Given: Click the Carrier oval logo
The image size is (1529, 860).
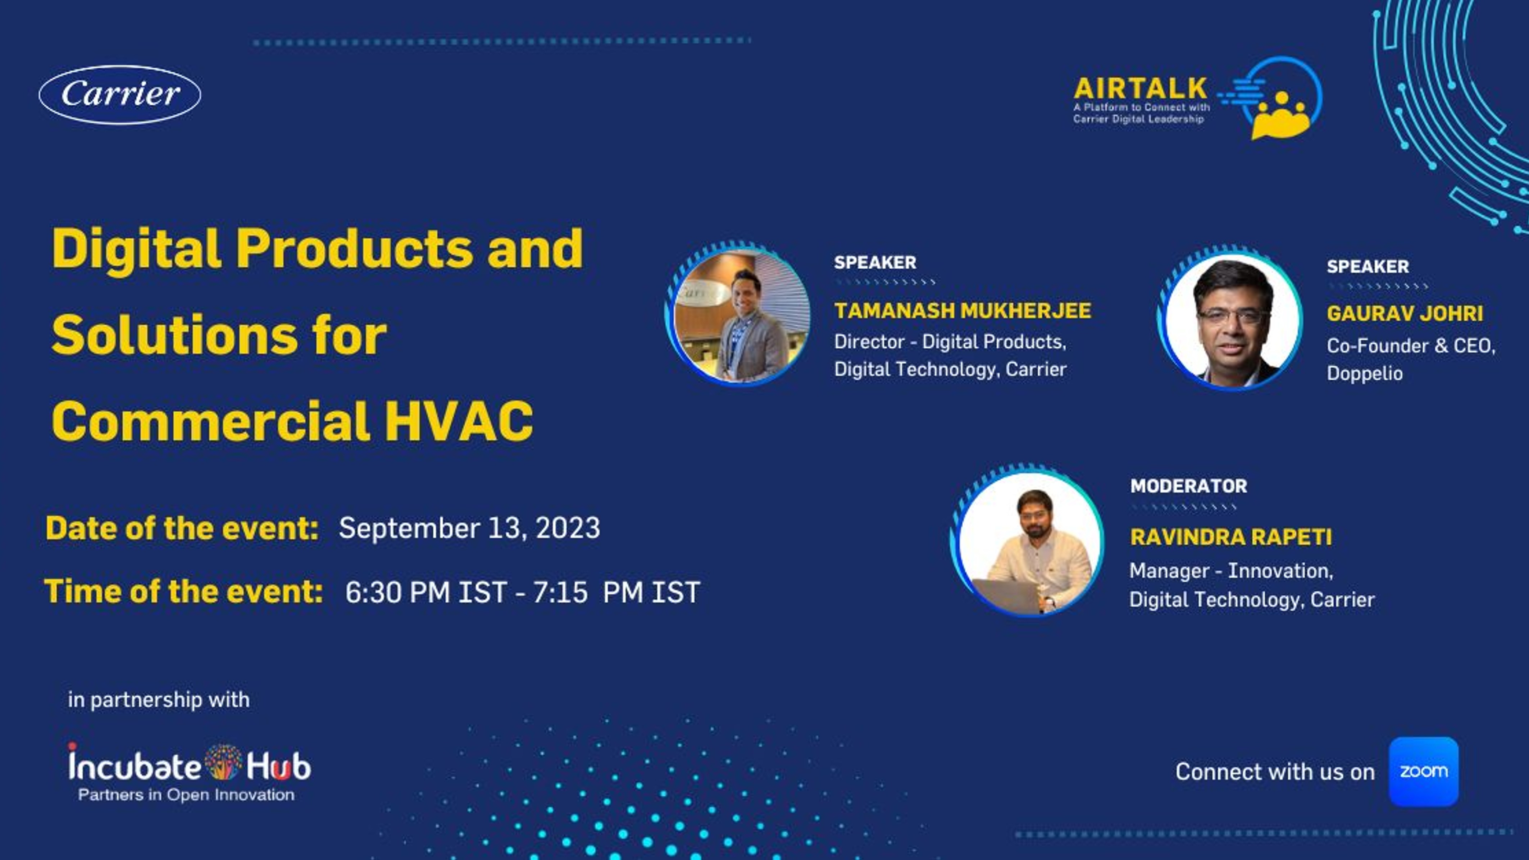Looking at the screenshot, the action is click(x=120, y=94).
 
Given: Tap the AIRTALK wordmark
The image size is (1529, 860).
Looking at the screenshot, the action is click(x=1140, y=88).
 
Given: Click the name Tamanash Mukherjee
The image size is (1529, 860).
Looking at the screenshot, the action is click(x=962, y=310).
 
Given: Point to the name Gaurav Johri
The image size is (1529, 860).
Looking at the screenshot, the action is click(x=1404, y=314).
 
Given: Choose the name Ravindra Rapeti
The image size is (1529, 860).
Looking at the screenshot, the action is click(x=1230, y=537).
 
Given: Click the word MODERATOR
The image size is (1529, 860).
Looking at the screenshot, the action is click(x=1188, y=486).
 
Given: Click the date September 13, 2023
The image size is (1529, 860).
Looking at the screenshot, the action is click(x=469, y=528).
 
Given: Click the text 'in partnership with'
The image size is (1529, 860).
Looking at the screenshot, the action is click(x=159, y=700).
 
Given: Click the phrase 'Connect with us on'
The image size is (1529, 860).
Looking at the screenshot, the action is click(x=1275, y=772).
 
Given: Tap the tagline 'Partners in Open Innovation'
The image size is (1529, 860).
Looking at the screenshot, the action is click(x=186, y=795).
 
